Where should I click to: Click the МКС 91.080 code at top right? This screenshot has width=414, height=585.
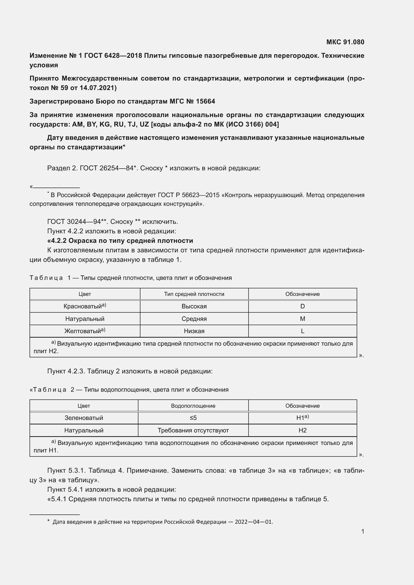345,42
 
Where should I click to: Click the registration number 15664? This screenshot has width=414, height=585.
205,101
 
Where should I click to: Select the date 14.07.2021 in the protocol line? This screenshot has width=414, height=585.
96,88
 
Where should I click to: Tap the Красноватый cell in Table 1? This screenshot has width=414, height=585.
85,306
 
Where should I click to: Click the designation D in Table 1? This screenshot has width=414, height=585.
302,306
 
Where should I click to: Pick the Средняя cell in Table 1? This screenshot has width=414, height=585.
194,319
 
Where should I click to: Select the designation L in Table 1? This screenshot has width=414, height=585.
302,331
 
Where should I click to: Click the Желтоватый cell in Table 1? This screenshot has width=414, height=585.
85,331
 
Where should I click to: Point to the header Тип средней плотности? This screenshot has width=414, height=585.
194,294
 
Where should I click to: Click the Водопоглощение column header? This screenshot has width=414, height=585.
193,406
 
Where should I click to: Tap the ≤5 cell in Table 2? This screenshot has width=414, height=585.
193,418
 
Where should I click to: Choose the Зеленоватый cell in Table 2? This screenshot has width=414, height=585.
84,418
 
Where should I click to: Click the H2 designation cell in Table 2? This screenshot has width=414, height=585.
302,430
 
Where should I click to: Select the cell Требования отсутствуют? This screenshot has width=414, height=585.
193,430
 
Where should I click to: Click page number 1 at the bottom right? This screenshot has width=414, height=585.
362,531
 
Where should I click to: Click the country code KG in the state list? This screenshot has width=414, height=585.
104,124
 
